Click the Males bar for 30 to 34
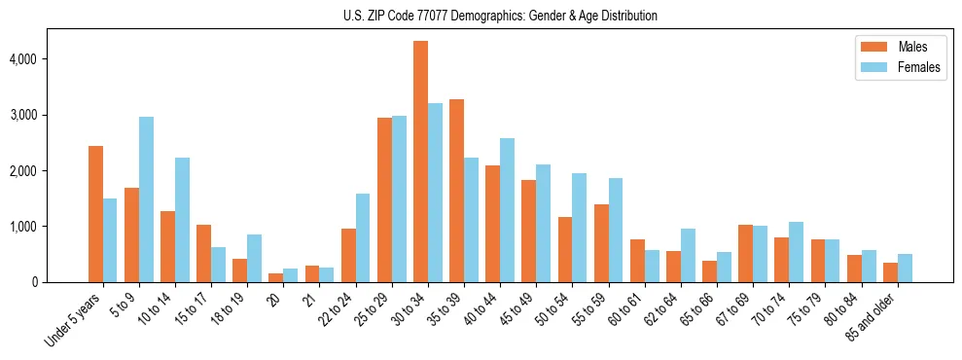tap(420, 162)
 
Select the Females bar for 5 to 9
tap(146, 199)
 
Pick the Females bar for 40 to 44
tap(507, 210)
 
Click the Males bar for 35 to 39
tap(456, 191)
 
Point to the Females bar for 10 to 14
tap(182, 220)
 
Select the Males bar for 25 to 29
tap(384, 199)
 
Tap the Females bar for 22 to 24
tap(363, 238)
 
